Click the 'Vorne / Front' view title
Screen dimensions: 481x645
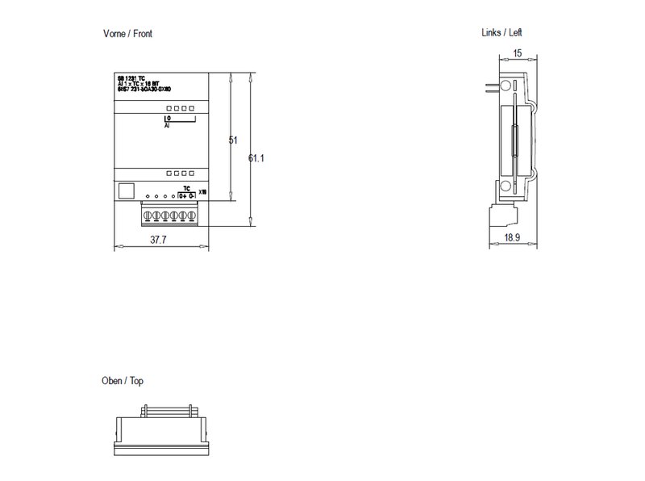coord(127,34)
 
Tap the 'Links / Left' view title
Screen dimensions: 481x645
coord(501,32)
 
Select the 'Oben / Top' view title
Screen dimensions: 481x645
coord(123,381)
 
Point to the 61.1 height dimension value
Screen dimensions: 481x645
coord(256,158)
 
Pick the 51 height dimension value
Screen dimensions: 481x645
coord(234,140)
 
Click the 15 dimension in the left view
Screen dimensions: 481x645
coord(518,52)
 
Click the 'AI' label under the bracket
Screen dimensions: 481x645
coord(167,127)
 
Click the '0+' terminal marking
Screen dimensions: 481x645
coord(182,195)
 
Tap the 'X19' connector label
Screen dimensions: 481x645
coord(202,192)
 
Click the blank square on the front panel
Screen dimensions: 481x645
coord(126,191)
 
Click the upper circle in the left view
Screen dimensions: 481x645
coord(505,86)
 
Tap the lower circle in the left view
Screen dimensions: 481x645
coord(505,187)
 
